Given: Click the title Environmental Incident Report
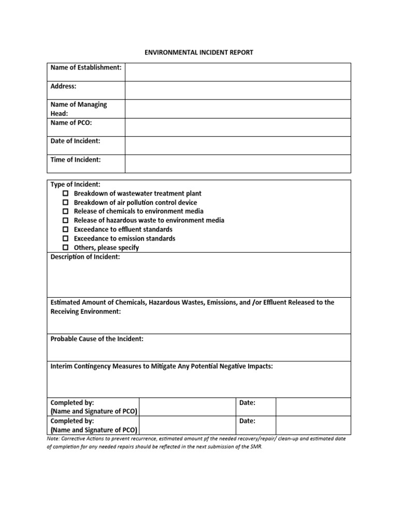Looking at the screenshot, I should click(198, 52).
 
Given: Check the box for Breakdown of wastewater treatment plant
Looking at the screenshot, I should click(66, 193).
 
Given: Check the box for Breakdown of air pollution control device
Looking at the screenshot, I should click(66, 203).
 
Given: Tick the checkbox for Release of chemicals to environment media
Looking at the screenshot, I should click(66, 212).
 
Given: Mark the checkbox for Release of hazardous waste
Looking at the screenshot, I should click(66, 220).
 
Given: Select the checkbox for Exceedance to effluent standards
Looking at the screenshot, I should click(66, 230).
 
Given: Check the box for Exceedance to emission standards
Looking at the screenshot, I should click(66, 239).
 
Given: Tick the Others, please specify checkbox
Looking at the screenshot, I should click(66, 248).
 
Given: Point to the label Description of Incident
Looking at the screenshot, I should click(85, 257).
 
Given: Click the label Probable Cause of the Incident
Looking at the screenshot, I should click(97, 339).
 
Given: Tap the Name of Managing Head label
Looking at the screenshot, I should click(78, 108).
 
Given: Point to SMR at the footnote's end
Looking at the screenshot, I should click(255, 447).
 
